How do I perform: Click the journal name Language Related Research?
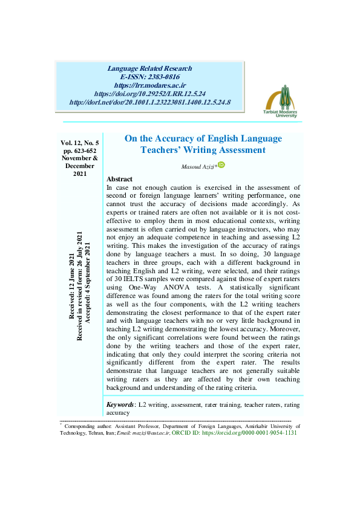point(150,69)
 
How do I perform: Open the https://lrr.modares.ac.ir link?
point(150,86)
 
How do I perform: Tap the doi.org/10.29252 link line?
point(150,94)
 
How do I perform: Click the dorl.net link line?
point(150,103)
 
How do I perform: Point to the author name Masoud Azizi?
point(198,166)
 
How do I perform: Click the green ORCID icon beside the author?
point(221,164)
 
